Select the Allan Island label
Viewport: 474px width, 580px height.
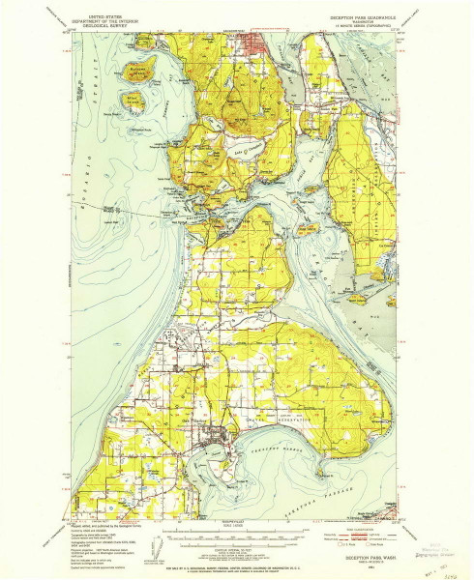click(133, 98)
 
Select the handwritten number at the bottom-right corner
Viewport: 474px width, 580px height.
click(448, 572)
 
